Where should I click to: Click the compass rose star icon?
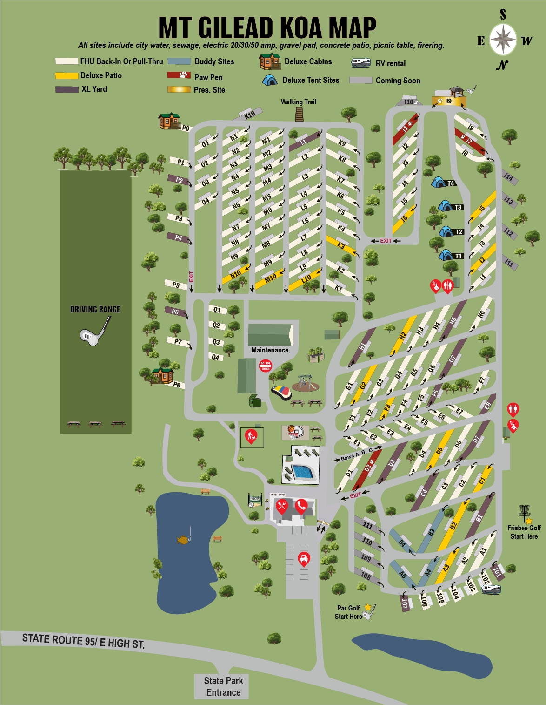[503, 40]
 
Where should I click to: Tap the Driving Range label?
[95, 309]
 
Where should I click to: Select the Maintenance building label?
[270, 350]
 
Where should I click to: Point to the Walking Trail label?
[298, 102]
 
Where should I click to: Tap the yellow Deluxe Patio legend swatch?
[67, 75]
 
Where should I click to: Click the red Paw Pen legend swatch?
[179, 75]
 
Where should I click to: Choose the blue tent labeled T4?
[439, 182]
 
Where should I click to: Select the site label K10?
[250, 115]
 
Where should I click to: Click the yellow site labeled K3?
[341, 245]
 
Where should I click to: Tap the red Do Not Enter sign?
[265, 366]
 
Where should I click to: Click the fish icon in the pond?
[183, 539]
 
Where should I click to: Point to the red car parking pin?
[303, 558]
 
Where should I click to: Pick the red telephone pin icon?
[301, 506]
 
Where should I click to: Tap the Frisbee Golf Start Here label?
[524, 532]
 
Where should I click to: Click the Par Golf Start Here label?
[348, 612]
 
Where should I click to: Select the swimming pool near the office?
[302, 472]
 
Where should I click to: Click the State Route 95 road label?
[83, 641]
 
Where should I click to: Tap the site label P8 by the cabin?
[177, 385]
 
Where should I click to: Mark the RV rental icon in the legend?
[360, 62]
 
